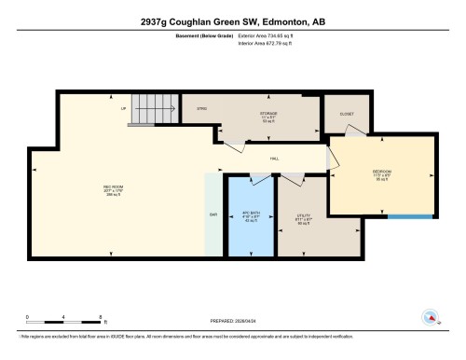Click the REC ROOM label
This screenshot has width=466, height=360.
114,187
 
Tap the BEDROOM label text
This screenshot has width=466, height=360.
381,172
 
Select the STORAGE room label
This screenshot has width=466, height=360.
268,113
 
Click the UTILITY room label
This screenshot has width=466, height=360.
303,215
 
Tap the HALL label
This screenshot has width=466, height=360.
275,159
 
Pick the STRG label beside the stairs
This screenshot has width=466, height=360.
200,109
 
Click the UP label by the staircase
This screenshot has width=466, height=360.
123,107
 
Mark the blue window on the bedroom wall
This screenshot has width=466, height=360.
411,216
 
